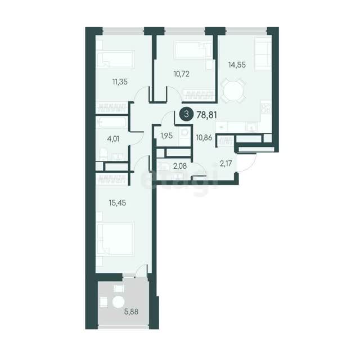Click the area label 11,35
coord(120,82)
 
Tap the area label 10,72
coord(181,74)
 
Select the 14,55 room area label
coord(237,65)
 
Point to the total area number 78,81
coord(206,115)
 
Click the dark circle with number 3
coord(186,114)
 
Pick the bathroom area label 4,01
coord(113,139)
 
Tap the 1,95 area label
coord(166,136)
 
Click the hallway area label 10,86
coord(204,138)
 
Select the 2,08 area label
coord(180,166)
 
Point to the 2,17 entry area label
coord(226,164)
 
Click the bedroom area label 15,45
coord(118,203)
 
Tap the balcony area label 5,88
coord(131,312)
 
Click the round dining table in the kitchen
coord(232,91)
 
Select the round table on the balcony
coord(119,301)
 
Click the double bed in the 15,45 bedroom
coord(115,239)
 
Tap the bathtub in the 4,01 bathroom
coord(111,122)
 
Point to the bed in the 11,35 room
coord(115,59)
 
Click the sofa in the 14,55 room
coord(263,54)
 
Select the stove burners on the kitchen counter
coord(266,108)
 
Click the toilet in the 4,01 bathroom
coord(103,154)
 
